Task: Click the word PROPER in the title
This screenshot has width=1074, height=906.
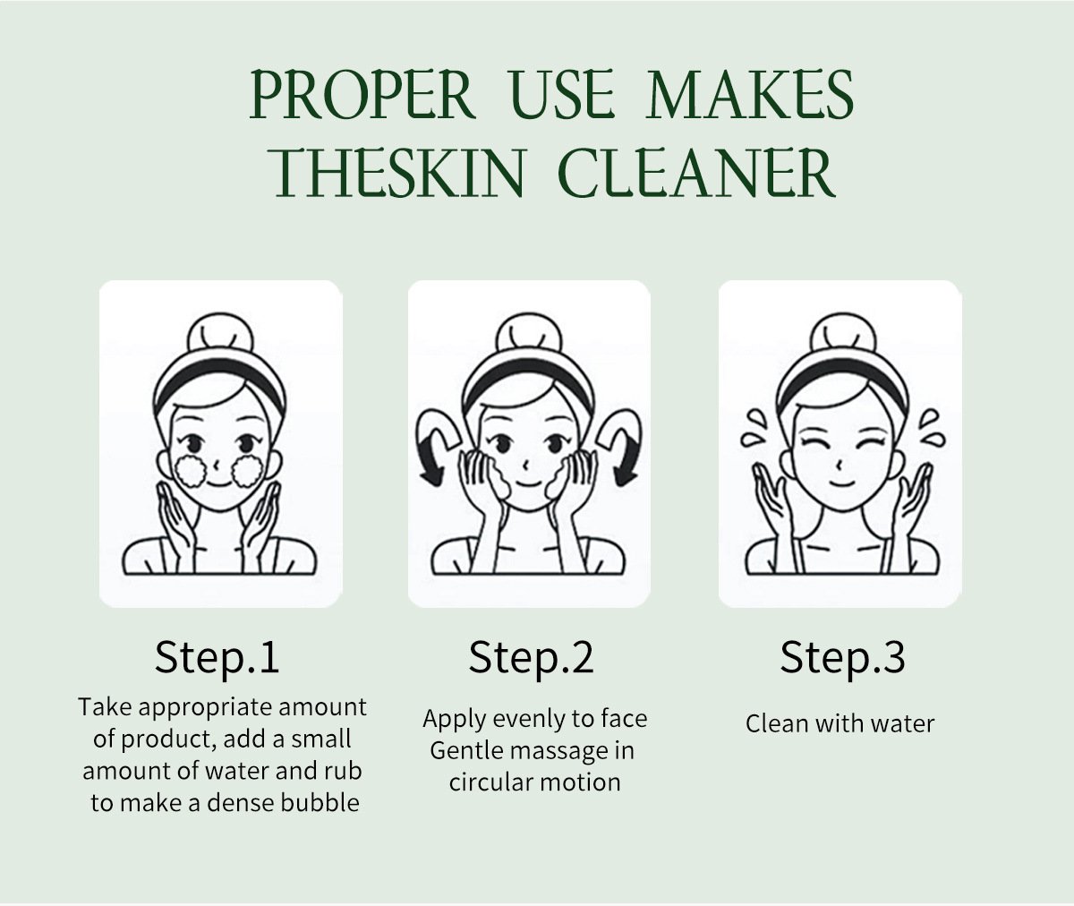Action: (362, 96)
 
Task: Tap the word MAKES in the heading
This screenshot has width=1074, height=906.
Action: (749, 96)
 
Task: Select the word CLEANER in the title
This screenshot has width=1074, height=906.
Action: (696, 173)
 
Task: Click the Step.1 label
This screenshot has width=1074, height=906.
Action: (217, 657)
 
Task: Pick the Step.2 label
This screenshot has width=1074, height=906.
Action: (531, 657)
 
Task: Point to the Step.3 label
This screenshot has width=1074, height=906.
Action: (842, 657)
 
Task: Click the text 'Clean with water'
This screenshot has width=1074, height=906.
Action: (840, 723)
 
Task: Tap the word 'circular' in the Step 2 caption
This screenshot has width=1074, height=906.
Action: (490, 782)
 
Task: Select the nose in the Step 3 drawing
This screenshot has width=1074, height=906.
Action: (839, 466)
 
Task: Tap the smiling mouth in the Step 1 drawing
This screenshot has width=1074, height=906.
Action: (218, 485)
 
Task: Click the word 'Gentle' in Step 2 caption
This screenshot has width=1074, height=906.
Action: (466, 751)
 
